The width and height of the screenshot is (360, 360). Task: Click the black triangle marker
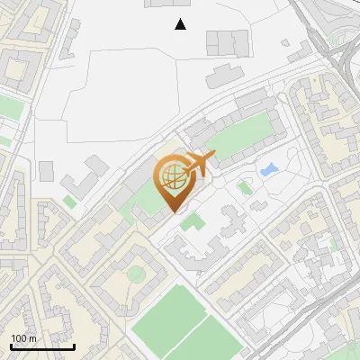pyautogui.click(x=181, y=24)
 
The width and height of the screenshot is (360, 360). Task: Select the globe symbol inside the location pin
pyautogui.click(x=172, y=177)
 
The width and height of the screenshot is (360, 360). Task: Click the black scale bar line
pyautogui.click(x=41, y=346)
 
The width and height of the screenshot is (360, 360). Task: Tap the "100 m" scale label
pyautogui.click(x=24, y=338)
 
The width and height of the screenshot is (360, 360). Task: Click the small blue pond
pyautogui.click(x=268, y=168)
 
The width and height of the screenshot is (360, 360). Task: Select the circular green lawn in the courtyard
pyautogui.click(x=135, y=274)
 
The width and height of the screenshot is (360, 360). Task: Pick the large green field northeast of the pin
pyautogui.click(x=241, y=135)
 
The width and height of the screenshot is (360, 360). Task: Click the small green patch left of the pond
pyautogui.click(x=245, y=187)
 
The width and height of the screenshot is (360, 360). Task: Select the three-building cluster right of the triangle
pyautogui.click(x=228, y=41)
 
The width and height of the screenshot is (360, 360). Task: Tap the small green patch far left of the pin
pyautogui.click(x=69, y=202)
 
